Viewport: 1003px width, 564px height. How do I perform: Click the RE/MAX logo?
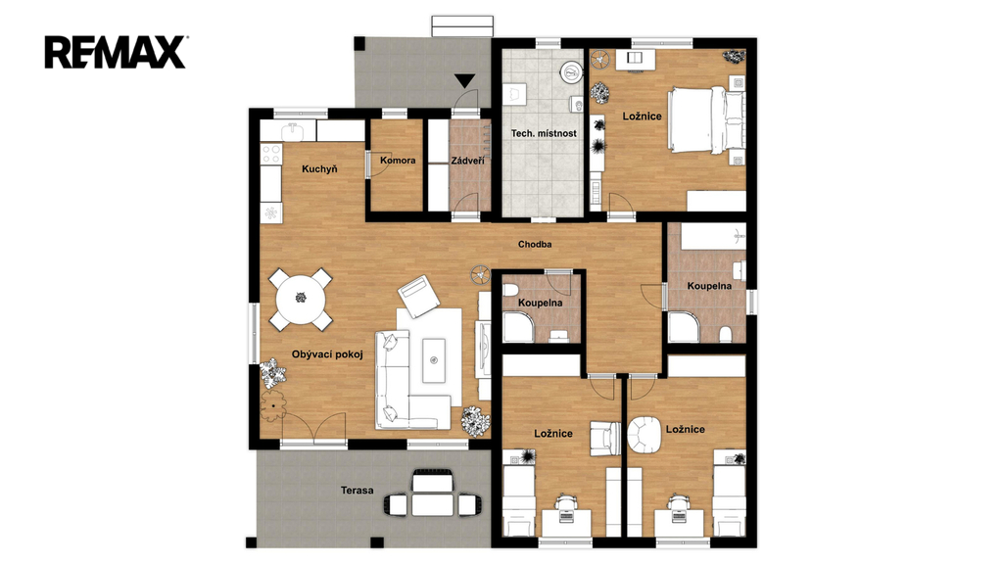[x=116, y=53]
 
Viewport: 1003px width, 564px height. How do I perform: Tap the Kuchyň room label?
[x=319, y=169]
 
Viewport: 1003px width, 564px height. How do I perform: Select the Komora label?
[x=398, y=161]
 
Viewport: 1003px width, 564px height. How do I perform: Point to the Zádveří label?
[x=467, y=161]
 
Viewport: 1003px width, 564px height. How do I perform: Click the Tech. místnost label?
[x=544, y=133]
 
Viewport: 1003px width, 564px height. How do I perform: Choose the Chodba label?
[x=535, y=244]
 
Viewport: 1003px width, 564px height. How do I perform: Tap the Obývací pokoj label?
[x=327, y=354]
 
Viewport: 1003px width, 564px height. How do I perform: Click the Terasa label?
[x=357, y=491]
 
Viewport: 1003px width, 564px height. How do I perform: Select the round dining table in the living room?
[x=301, y=299]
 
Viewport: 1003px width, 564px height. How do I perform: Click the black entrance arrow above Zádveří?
[x=464, y=81]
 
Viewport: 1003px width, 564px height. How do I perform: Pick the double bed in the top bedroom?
[x=706, y=120]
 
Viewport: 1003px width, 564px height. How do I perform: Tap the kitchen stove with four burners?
[x=271, y=154]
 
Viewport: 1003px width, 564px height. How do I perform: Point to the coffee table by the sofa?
[x=434, y=360]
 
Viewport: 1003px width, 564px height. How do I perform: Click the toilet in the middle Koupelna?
[x=509, y=291]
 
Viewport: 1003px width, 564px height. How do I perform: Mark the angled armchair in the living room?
[x=419, y=296]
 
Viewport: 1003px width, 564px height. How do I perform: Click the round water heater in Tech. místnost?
[x=571, y=72]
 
